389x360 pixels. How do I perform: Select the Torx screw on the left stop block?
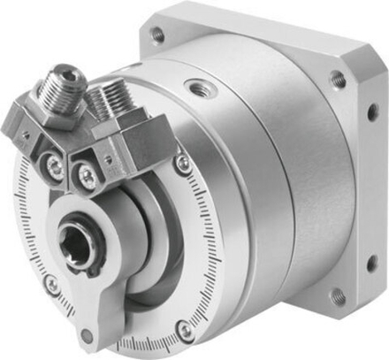55,165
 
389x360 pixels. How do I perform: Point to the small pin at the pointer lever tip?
87,334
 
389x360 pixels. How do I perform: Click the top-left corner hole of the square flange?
157,34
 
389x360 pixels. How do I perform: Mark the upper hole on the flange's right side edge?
372,112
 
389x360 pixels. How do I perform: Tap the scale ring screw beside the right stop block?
182,163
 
